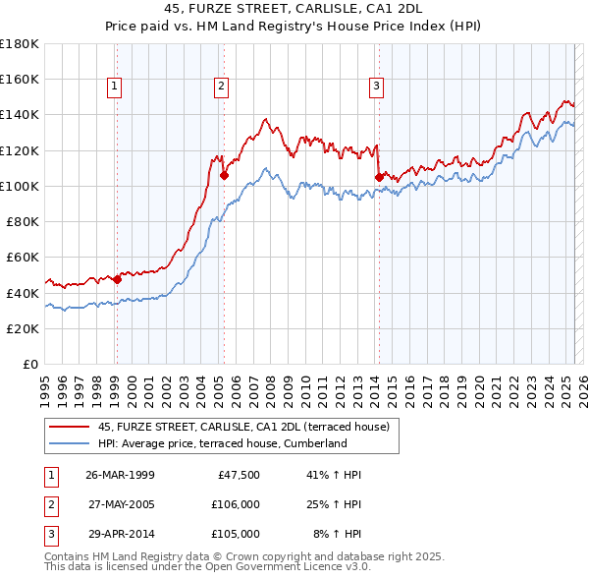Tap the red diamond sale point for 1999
coord(117,279)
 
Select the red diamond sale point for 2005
coord(224,176)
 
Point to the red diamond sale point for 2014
coord(379,177)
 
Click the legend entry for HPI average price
coord(223,443)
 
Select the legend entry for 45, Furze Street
coord(243,427)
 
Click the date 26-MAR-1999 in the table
coord(121,475)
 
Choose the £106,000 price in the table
coord(234,504)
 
